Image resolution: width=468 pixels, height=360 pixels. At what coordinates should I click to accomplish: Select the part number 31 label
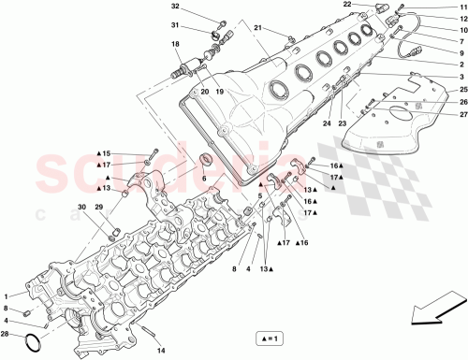click(175, 25)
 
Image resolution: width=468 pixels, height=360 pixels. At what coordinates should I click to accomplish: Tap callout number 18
click(175, 44)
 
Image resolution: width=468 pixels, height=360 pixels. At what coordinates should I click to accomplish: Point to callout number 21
click(258, 29)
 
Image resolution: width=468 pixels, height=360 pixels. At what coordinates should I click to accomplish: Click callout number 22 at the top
click(346, 5)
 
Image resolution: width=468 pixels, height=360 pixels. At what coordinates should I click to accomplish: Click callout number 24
click(328, 122)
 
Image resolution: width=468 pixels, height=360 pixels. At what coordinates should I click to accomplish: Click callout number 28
click(8, 334)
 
